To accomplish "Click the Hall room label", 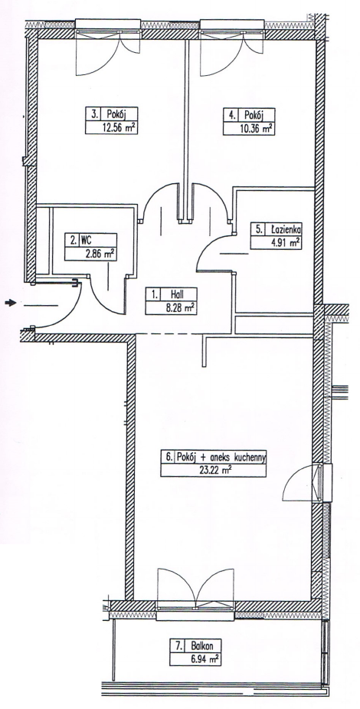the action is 178,294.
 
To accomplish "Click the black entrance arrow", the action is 10,303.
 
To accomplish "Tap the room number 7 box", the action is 178,647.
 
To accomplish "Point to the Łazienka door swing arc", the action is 205,248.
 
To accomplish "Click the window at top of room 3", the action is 107,26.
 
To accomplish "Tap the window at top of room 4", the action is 232,26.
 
